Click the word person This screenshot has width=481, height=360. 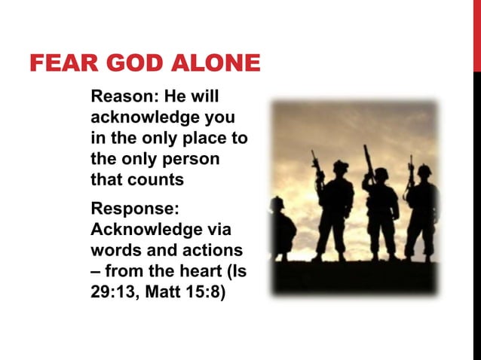point(193,160)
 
